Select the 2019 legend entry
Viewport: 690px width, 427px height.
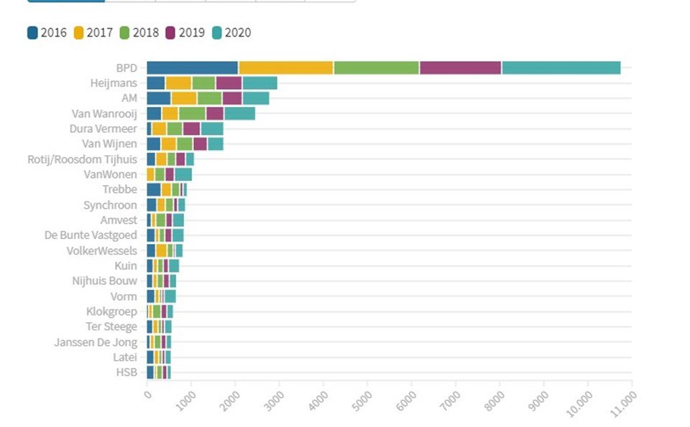point(185,32)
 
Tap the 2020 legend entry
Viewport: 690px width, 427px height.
point(231,32)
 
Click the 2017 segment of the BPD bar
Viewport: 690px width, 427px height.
point(286,68)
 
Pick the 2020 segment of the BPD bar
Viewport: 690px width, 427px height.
point(561,68)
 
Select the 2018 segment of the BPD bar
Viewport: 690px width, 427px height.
point(377,68)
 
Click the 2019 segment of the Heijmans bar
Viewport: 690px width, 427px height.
point(229,83)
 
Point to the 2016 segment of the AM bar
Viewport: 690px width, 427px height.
point(159,98)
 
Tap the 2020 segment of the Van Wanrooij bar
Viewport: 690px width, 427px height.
point(239,113)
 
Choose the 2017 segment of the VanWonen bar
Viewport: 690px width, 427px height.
point(150,174)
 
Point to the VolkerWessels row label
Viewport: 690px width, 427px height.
point(101,250)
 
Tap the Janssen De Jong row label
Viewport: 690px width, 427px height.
point(96,342)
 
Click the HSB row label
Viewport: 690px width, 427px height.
point(126,372)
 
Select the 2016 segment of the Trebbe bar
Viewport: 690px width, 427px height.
point(154,189)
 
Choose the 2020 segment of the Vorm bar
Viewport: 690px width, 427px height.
point(170,296)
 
